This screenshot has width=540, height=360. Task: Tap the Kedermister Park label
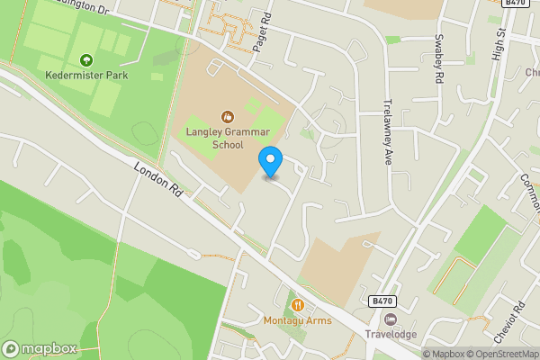(x=87, y=76)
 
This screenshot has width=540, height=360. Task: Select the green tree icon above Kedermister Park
(x=86, y=60)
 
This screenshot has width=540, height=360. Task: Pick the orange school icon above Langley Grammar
(x=228, y=116)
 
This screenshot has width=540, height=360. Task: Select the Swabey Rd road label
(x=439, y=59)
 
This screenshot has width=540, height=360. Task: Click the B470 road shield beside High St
(x=515, y=4)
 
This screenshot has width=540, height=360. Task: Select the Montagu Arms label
(x=297, y=321)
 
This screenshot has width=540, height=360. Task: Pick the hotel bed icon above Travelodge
(x=390, y=319)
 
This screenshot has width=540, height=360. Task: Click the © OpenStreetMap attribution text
(x=504, y=354)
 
